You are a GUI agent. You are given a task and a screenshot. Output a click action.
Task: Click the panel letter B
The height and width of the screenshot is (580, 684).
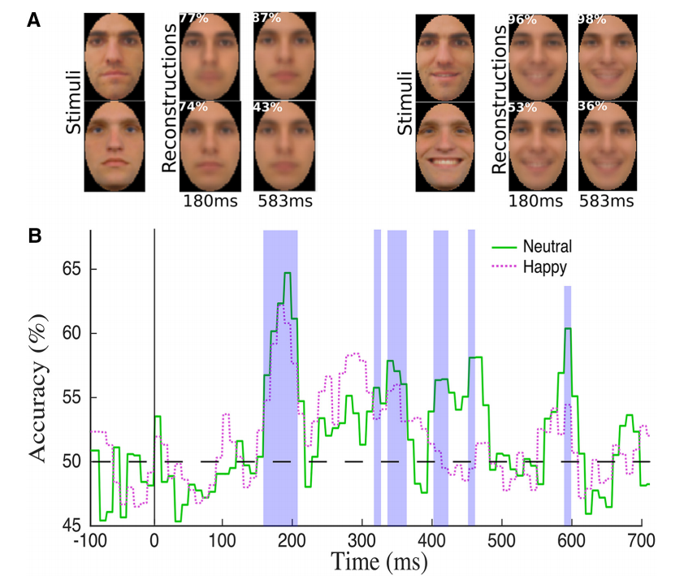pos(35,236)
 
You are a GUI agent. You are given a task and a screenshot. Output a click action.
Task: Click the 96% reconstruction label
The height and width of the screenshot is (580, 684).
pos(522,19)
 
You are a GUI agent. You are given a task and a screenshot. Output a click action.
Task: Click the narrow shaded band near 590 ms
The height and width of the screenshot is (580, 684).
pos(568,406)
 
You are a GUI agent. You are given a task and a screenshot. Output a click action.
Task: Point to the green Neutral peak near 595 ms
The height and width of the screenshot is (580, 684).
pos(568,328)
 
